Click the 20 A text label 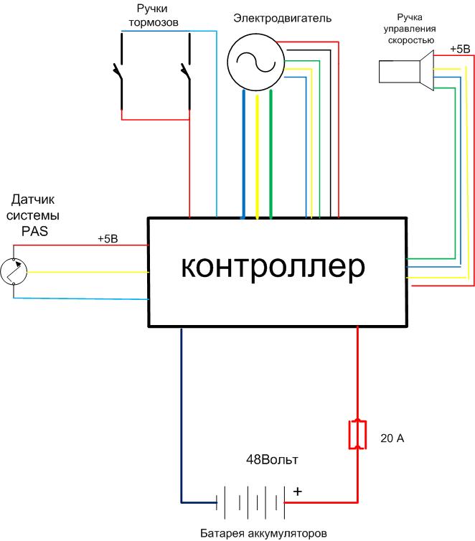click(392, 438)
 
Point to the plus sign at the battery click(298, 492)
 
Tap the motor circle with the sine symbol click(252, 63)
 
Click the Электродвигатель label click(282, 18)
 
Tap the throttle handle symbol click(406, 71)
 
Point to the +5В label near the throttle click(460, 50)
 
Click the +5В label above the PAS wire click(108, 239)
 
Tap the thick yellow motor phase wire click(257, 154)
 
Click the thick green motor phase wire click(271, 154)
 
